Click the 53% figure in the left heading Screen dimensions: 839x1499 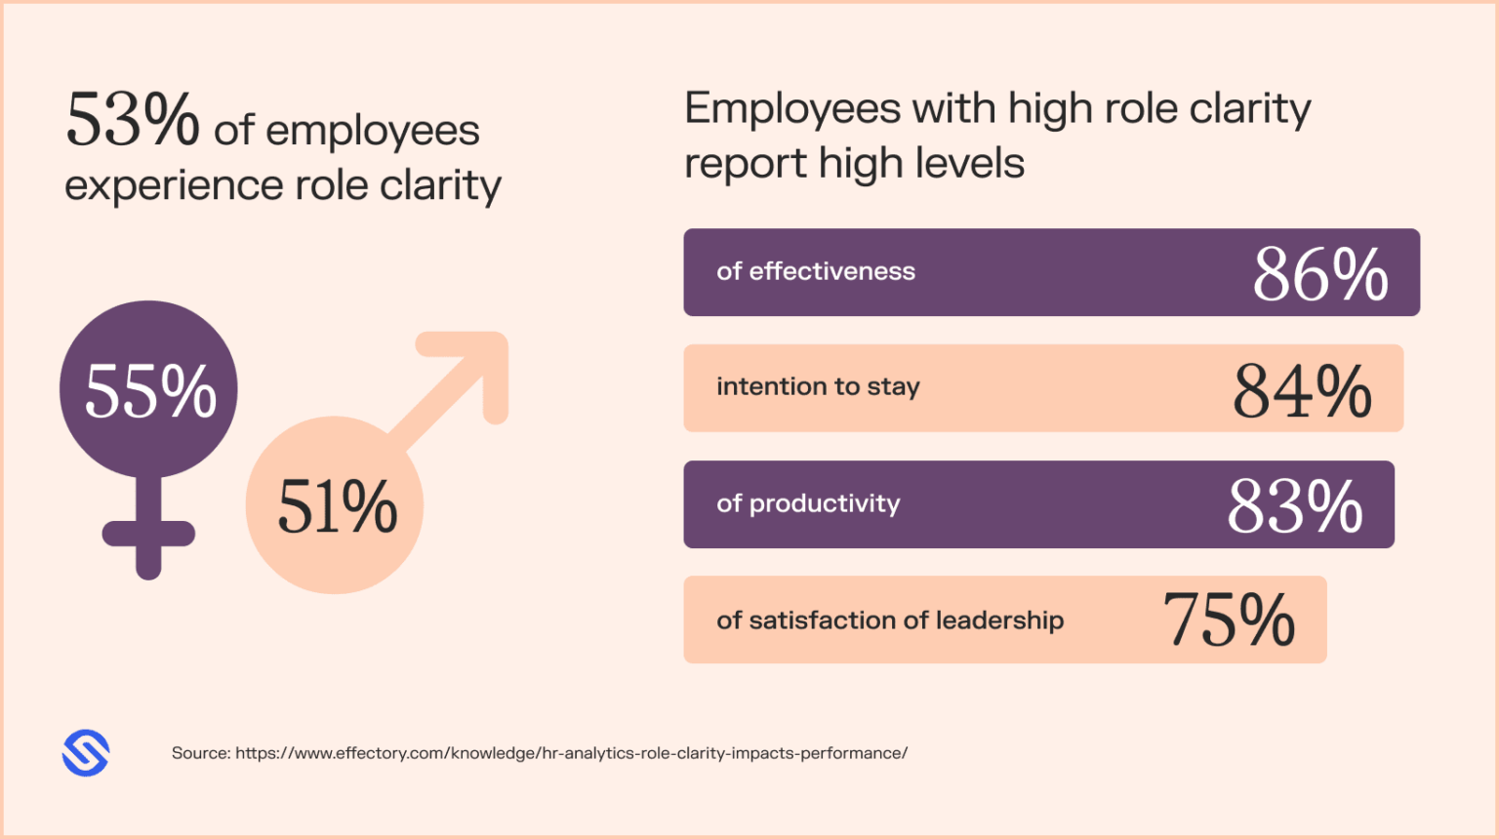133,121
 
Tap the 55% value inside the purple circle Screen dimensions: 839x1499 150,391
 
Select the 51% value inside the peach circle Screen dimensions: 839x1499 338,507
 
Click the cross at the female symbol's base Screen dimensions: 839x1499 148,536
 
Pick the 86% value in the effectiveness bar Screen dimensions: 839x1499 1320,274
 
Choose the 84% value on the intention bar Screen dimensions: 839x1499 1302,391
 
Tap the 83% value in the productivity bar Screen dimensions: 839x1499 1294,507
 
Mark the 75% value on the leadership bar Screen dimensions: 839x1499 1229,620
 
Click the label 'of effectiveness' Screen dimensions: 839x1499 816,271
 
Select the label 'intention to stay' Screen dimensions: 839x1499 818,387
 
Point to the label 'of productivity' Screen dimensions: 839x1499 808,503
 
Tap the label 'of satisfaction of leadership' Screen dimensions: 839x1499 890,620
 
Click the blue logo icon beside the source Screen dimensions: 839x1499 86,753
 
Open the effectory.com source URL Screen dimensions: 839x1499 571,753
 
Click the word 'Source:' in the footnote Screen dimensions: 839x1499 201,753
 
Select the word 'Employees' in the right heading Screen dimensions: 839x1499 792,109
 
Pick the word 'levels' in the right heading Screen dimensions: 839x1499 970,163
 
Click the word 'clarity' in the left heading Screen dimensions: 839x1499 440,185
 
